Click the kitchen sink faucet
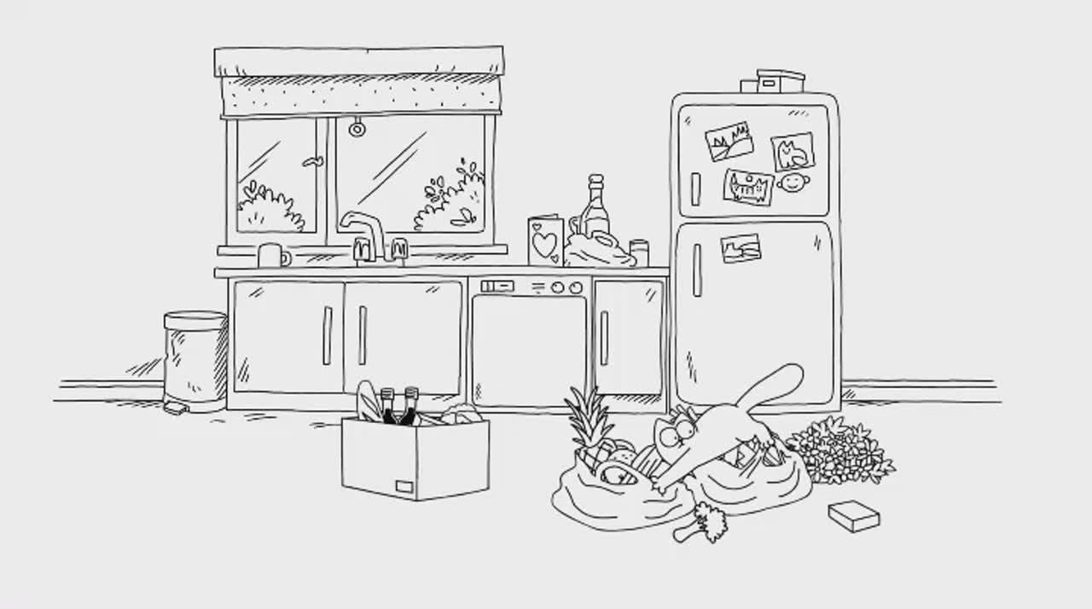pos(364,231)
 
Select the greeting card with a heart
pos(545,241)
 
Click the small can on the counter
pos(639,252)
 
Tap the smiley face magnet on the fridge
pos(793,183)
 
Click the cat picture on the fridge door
pos(793,153)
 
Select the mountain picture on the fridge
pos(729,142)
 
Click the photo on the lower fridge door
pos(740,248)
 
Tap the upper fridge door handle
pos(695,188)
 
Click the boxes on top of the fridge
pos(774,82)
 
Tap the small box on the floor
pos(854,516)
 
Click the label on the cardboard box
pos(404,486)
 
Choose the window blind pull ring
pos(357,129)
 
